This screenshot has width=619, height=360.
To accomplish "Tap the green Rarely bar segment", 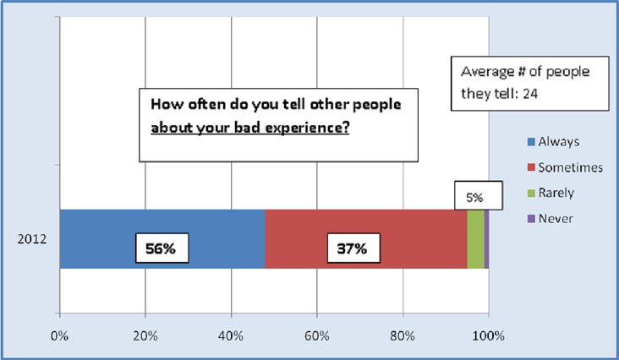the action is tap(476, 239).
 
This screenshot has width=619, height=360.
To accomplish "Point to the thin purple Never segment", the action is tap(487, 239).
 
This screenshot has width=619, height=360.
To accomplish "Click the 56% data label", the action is tap(162, 248).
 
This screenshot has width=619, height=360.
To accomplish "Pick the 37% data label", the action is tap(353, 248).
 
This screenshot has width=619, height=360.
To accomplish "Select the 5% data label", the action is tap(478, 195).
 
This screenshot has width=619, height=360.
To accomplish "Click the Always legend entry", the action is tap(554, 142).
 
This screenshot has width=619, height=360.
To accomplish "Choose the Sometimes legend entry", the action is tap(566, 167).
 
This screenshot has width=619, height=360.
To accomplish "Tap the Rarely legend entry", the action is tap(551, 193).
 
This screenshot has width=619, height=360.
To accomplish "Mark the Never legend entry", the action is tap(550, 218).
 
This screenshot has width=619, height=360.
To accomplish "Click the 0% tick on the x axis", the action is tap(59, 336).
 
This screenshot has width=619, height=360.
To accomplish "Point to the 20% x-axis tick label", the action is tap(145, 336).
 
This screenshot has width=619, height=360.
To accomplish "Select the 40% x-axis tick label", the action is tap(231, 336).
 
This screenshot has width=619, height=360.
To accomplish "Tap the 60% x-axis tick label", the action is tap(316, 336).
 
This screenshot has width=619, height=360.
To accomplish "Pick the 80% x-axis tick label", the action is tap(403, 336).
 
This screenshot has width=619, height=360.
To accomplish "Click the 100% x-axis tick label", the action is tap(489, 336).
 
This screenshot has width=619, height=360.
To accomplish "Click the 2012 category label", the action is tap(32, 239).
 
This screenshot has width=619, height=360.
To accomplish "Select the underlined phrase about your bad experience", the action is tap(250, 128).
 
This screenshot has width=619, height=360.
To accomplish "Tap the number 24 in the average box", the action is tap(529, 94).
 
